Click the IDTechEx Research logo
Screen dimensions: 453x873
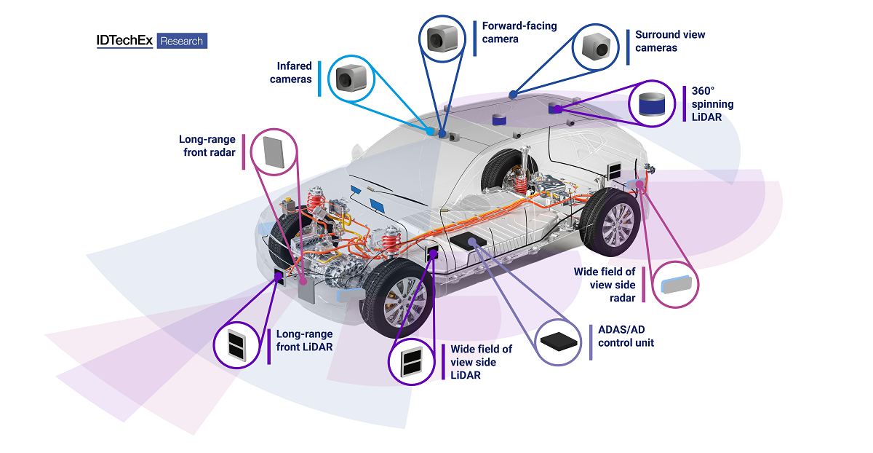pos(151,41)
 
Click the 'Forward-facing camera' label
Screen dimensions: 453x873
pos(519,32)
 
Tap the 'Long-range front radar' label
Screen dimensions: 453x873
pos(206,145)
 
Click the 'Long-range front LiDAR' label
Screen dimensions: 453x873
pos(304,341)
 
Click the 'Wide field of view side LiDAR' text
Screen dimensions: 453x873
pos(481,362)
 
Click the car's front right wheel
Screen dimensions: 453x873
pos(397,304)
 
